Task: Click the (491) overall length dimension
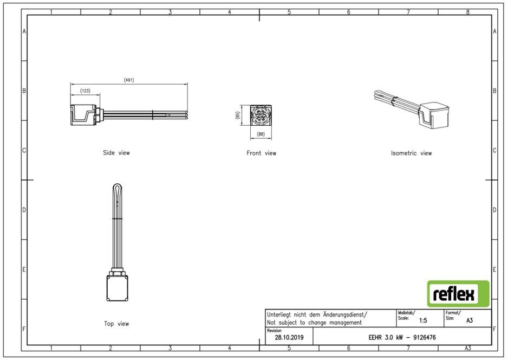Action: coord(129,80)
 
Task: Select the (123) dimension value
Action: coord(86,91)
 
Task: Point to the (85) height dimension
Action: coord(238,115)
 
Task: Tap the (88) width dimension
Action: coord(261,134)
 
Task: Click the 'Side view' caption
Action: coord(116,153)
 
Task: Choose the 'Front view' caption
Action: coord(261,153)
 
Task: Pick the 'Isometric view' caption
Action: coord(411,153)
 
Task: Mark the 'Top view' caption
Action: coord(116,324)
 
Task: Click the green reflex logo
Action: coord(458,294)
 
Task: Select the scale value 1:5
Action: coord(423,320)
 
